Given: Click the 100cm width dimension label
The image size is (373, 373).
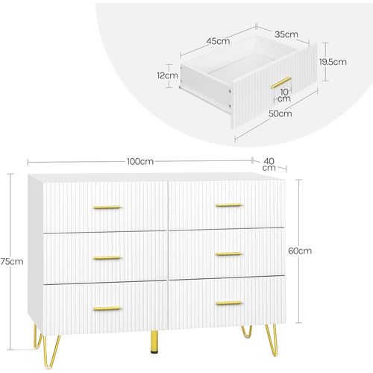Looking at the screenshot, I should (140, 161).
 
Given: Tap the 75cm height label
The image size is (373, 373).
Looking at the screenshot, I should (12, 261).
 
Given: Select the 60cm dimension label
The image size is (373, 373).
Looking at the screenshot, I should (299, 251).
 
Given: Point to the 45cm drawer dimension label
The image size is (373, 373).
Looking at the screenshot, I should (219, 41).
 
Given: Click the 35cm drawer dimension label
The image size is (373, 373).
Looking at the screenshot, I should (286, 34).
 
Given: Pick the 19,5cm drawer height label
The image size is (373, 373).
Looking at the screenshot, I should (334, 63).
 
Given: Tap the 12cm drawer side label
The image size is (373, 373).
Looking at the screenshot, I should (168, 75).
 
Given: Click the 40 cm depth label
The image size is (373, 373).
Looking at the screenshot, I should (269, 165).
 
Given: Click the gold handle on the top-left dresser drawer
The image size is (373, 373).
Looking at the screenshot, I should (107, 207).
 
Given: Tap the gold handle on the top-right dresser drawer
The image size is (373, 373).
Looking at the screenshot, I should (228, 204).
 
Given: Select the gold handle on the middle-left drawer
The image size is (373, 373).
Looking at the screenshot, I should (107, 257).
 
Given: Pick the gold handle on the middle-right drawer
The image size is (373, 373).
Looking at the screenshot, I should (228, 254).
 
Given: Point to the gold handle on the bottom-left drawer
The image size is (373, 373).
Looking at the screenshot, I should (107, 307).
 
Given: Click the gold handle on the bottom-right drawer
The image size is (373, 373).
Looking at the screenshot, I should (228, 303).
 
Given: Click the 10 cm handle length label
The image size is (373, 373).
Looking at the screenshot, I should (283, 95).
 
